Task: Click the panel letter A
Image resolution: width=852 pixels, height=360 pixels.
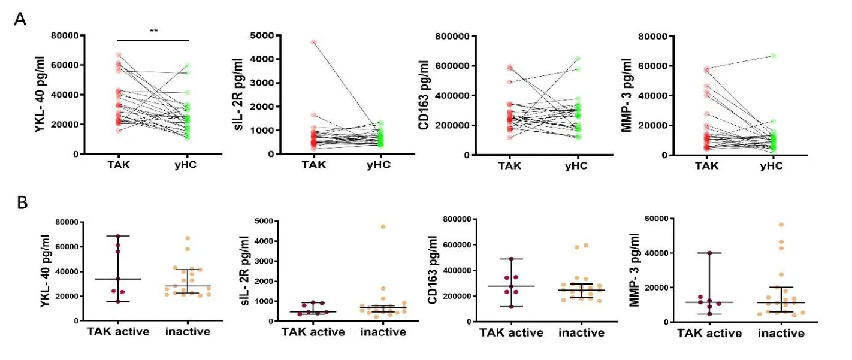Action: pyautogui.click(x=20, y=19)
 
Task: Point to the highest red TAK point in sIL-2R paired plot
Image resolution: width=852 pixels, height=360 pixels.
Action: pyautogui.click(x=313, y=42)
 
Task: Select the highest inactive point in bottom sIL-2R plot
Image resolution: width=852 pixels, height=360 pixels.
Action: pyautogui.click(x=383, y=226)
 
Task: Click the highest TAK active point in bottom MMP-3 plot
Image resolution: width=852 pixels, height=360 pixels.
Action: pyautogui.click(x=709, y=253)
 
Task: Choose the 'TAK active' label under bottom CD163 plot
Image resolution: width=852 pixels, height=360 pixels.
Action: pyautogui.click(x=510, y=332)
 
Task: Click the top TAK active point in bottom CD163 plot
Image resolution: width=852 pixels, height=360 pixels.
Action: pyautogui.click(x=511, y=259)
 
